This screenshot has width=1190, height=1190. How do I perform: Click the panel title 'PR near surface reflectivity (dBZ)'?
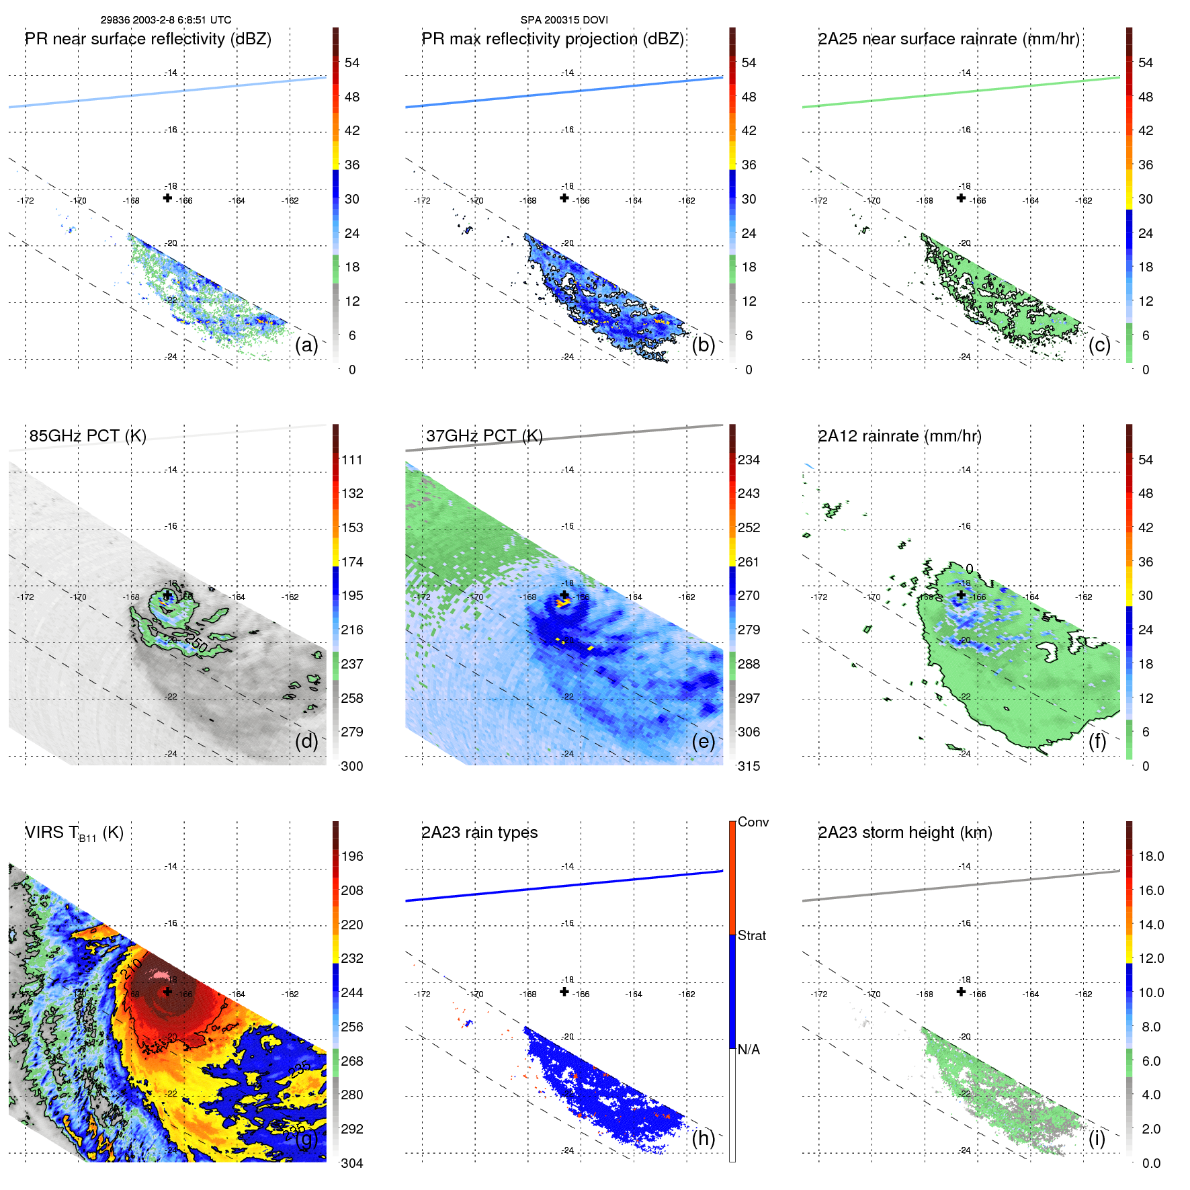(148, 39)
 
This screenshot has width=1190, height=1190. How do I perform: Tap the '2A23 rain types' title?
(479, 833)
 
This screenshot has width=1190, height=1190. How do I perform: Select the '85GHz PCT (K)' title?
(87, 436)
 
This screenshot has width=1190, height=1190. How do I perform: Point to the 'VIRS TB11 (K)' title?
(74, 833)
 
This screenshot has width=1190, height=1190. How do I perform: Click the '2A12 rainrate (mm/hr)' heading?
(899, 436)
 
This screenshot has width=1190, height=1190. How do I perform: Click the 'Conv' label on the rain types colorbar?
(753, 822)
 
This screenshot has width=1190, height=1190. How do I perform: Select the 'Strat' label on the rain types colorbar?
(751, 936)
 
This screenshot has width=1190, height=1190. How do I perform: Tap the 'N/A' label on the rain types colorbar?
(749, 1050)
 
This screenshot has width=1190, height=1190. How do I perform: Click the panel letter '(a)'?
(306, 345)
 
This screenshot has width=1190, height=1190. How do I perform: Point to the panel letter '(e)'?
(703, 741)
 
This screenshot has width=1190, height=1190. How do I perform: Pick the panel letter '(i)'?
(1097, 1138)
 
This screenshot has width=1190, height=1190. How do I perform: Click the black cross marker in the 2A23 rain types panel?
(564, 992)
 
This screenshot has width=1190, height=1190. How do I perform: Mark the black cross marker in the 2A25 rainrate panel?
(961, 198)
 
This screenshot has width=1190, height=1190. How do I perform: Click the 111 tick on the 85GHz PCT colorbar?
(351, 460)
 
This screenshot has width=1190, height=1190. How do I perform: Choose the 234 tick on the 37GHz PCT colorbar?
(749, 460)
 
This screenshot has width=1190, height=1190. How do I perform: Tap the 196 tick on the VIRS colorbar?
(351, 857)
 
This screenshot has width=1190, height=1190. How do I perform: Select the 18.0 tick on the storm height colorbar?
(1150, 857)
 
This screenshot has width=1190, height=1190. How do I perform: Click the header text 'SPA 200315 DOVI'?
(564, 20)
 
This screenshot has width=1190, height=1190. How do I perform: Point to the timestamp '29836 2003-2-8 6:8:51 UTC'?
(166, 20)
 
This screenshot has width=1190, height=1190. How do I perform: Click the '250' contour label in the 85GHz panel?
(196, 643)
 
